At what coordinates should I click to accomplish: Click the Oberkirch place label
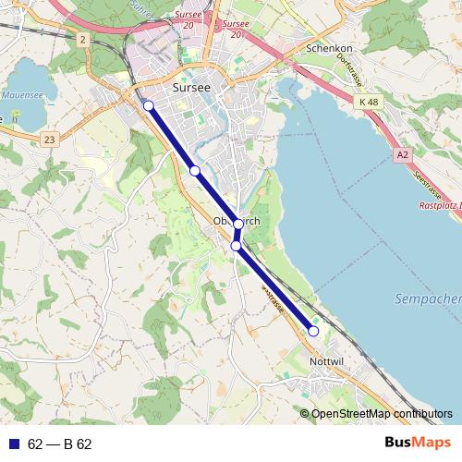tap(237, 222)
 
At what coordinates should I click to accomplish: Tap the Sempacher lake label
tap(428, 299)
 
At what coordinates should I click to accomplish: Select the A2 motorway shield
tap(402, 155)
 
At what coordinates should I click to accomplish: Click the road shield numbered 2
tap(82, 39)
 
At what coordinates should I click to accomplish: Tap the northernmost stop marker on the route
tap(149, 106)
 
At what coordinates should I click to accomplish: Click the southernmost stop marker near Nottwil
tap(313, 331)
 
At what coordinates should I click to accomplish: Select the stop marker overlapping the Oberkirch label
tap(238, 224)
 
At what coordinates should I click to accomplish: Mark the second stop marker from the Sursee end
tap(195, 171)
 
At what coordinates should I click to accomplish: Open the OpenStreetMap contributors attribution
tap(382, 413)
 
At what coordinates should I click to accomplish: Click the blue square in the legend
tap(12, 444)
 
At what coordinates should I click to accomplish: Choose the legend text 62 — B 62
tap(60, 444)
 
